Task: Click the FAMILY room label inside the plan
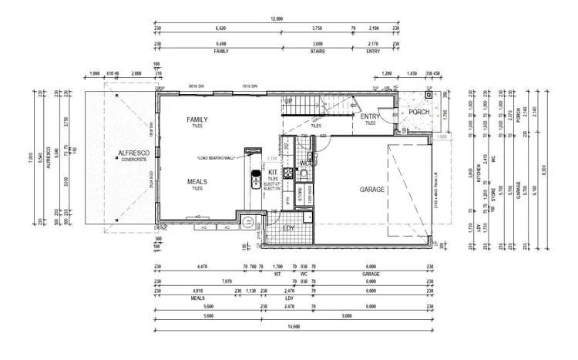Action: (x=197, y=120)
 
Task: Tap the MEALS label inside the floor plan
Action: (x=197, y=181)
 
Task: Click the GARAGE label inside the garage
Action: (x=373, y=189)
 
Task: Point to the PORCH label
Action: (x=419, y=113)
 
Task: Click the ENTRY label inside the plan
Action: (x=371, y=117)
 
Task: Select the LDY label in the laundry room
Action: (x=289, y=228)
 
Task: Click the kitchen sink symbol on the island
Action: (x=253, y=183)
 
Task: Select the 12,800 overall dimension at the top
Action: (x=277, y=18)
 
